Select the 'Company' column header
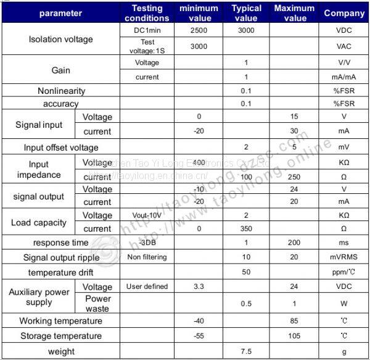(344, 12)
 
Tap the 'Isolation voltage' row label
(61, 40)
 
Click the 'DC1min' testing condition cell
(147, 30)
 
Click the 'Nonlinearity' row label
(61, 91)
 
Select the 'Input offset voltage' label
(61, 148)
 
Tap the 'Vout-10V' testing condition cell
(147, 216)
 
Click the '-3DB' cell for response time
(147, 243)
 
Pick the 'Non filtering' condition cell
(147, 257)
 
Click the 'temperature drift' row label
(61, 272)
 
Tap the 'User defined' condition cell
(147, 287)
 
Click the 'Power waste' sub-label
(97, 303)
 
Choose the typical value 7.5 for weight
(246, 351)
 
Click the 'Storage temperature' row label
(61, 336)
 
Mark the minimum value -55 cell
(199, 336)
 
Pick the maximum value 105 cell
(294, 336)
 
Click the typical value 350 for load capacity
(246, 228)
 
